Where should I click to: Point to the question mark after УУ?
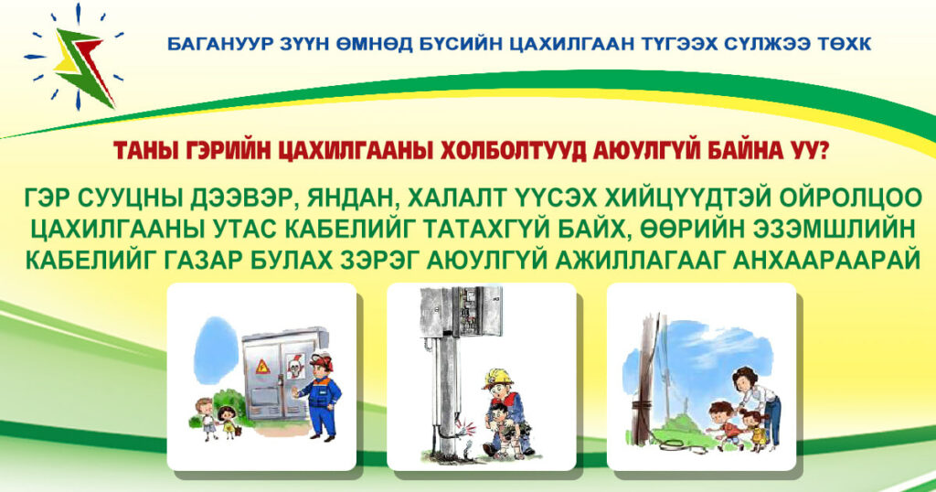click(822, 151)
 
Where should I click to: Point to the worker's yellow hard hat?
click(500, 378)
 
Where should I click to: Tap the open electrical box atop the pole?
click(461, 311)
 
